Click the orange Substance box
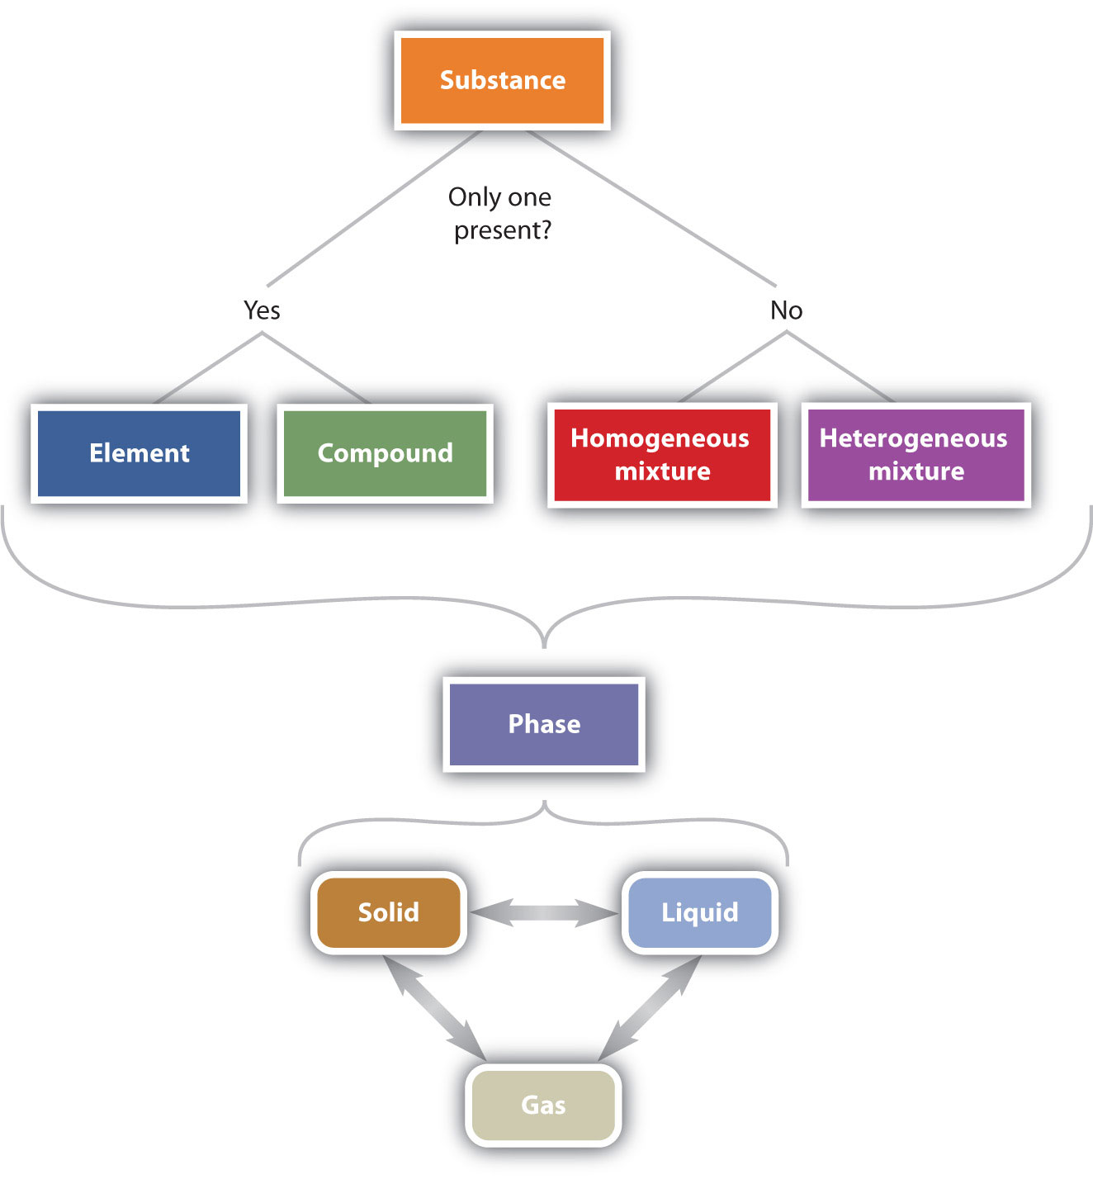(x=502, y=80)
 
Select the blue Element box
(x=140, y=453)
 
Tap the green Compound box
(x=385, y=453)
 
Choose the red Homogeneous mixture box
(x=662, y=454)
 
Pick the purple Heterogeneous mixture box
(x=916, y=454)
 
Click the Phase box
(x=544, y=724)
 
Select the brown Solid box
(x=388, y=912)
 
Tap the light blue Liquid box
(x=699, y=912)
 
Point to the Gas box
(x=543, y=1105)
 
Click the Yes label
(x=262, y=310)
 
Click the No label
(x=786, y=310)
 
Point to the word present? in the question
(x=502, y=230)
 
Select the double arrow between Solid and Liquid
(x=544, y=912)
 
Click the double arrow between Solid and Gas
(x=433, y=1007)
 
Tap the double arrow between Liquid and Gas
(x=651, y=1007)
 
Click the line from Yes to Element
(x=208, y=368)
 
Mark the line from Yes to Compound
(x=316, y=368)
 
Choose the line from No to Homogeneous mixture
(x=733, y=367)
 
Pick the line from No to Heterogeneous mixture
(x=840, y=367)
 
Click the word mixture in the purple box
(x=916, y=471)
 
